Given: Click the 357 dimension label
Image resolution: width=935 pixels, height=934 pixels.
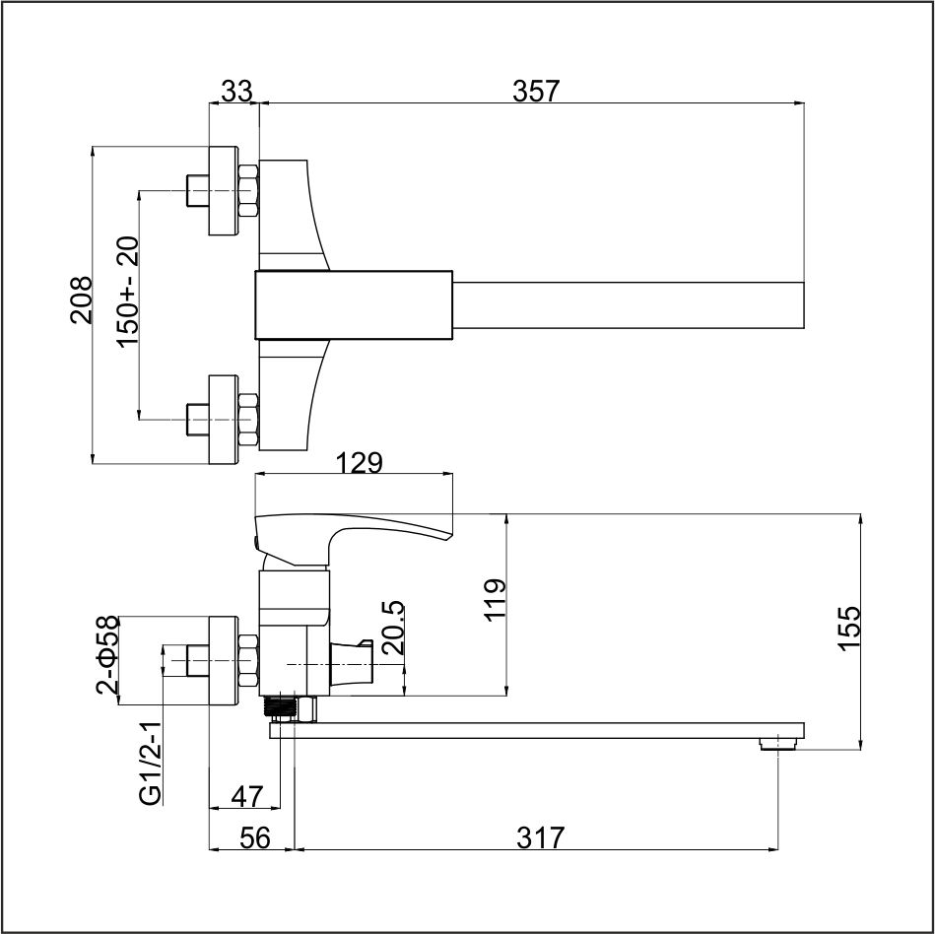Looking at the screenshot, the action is tap(536, 92).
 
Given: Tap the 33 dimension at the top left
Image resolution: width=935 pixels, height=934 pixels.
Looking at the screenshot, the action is tap(236, 92).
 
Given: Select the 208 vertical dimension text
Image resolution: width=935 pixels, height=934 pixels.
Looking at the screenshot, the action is tap(82, 300).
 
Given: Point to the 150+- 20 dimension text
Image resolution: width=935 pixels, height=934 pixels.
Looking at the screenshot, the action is tap(128, 291).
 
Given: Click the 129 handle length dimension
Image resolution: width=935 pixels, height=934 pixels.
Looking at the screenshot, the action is tap(359, 463).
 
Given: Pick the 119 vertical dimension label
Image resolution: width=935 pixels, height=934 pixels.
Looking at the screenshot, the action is tap(495, 600).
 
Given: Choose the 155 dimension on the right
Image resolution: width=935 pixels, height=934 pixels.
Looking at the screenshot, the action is tap(849, 630).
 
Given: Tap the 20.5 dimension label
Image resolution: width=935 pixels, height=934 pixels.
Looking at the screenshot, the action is tap(393, 628).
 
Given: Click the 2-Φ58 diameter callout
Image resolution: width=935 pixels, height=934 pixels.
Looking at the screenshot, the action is tap(107, 655).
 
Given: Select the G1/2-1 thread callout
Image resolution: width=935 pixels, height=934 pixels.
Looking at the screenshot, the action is tap(151, 764).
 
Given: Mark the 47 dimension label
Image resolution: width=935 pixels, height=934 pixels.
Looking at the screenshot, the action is tap(247, 796).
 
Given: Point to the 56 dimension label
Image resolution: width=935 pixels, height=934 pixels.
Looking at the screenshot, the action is tap(254, 838).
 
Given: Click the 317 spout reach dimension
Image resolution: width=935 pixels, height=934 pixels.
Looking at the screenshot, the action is tap(540, 838).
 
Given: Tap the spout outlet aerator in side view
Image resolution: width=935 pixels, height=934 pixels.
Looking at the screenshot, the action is tap(777, 744).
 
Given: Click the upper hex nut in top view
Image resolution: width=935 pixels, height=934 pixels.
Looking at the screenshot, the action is tap(248, 190).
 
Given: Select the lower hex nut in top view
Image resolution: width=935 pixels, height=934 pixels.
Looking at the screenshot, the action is tap(248, 420).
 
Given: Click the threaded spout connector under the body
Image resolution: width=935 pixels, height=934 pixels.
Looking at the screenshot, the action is tap(280, 708).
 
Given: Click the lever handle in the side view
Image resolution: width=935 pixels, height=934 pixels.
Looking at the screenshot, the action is tap(353, 538).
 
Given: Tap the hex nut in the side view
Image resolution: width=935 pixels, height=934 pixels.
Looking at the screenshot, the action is tap(248, 661).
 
